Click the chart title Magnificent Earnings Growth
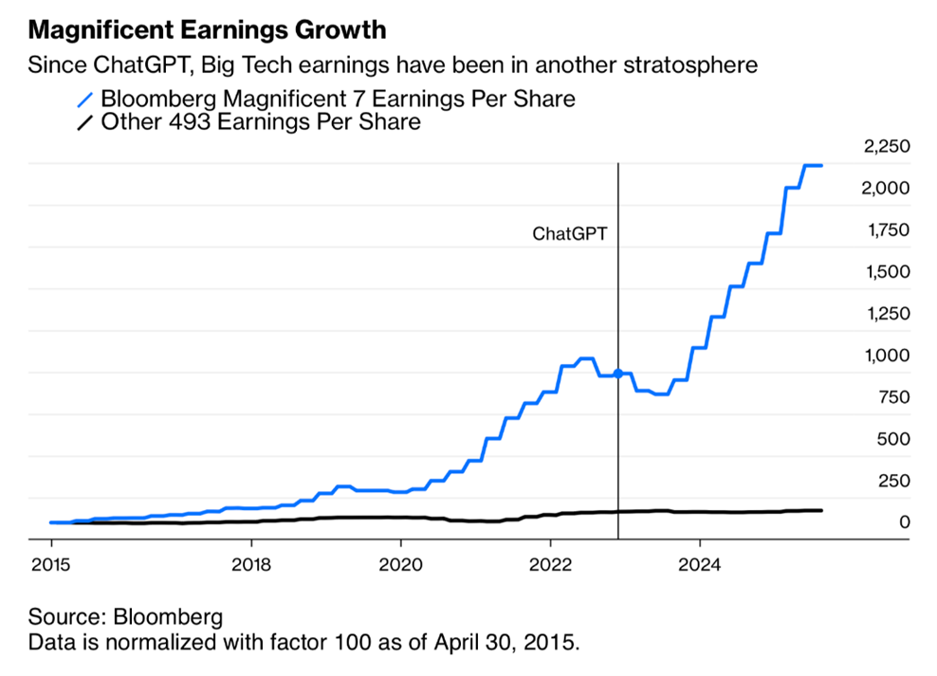click(208, 30)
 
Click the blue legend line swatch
click(86, 99)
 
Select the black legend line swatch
click(86, 122)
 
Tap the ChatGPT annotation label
click(569, 232)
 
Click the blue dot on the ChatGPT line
click(618, 374)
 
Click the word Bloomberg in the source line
click(168, 617)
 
